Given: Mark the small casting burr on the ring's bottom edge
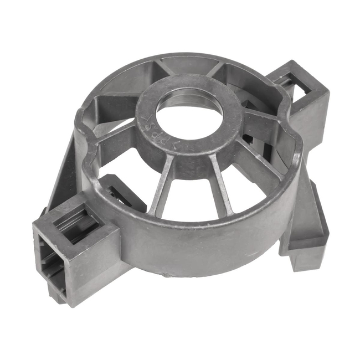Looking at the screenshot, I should click(x=163, y=274).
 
